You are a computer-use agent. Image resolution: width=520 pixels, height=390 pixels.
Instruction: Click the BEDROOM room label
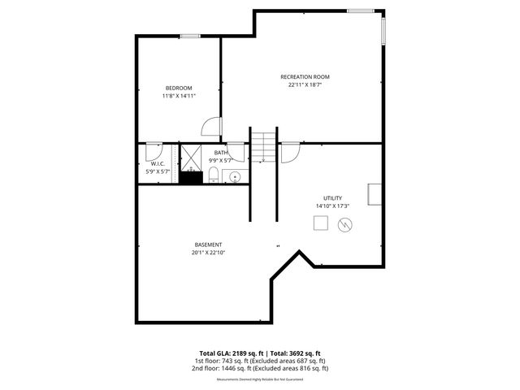tap(179, 88)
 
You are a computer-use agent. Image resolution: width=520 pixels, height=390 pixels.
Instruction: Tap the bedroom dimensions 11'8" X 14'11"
tap(179, 96)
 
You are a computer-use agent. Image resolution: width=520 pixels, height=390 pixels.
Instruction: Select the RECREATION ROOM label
tap(305, 77)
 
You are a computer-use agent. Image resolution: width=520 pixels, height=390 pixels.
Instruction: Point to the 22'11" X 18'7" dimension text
tap(305, 85)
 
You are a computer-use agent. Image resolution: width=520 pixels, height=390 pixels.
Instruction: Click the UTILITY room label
tap(332, 197)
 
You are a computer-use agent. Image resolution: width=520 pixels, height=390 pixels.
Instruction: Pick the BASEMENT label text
tap(208, 245)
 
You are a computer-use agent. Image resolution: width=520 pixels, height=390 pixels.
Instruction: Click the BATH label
tap(221, 153)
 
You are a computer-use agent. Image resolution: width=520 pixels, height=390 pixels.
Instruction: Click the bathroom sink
tap(236, 176)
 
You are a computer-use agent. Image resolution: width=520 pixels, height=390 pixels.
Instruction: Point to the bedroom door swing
tap(211, 127)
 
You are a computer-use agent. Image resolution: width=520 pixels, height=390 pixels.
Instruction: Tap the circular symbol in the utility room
tap(345, 225)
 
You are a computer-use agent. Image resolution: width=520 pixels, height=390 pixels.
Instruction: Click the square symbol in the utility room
tap(321, 223)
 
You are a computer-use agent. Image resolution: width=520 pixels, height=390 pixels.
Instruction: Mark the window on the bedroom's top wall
tap(190, 35)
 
